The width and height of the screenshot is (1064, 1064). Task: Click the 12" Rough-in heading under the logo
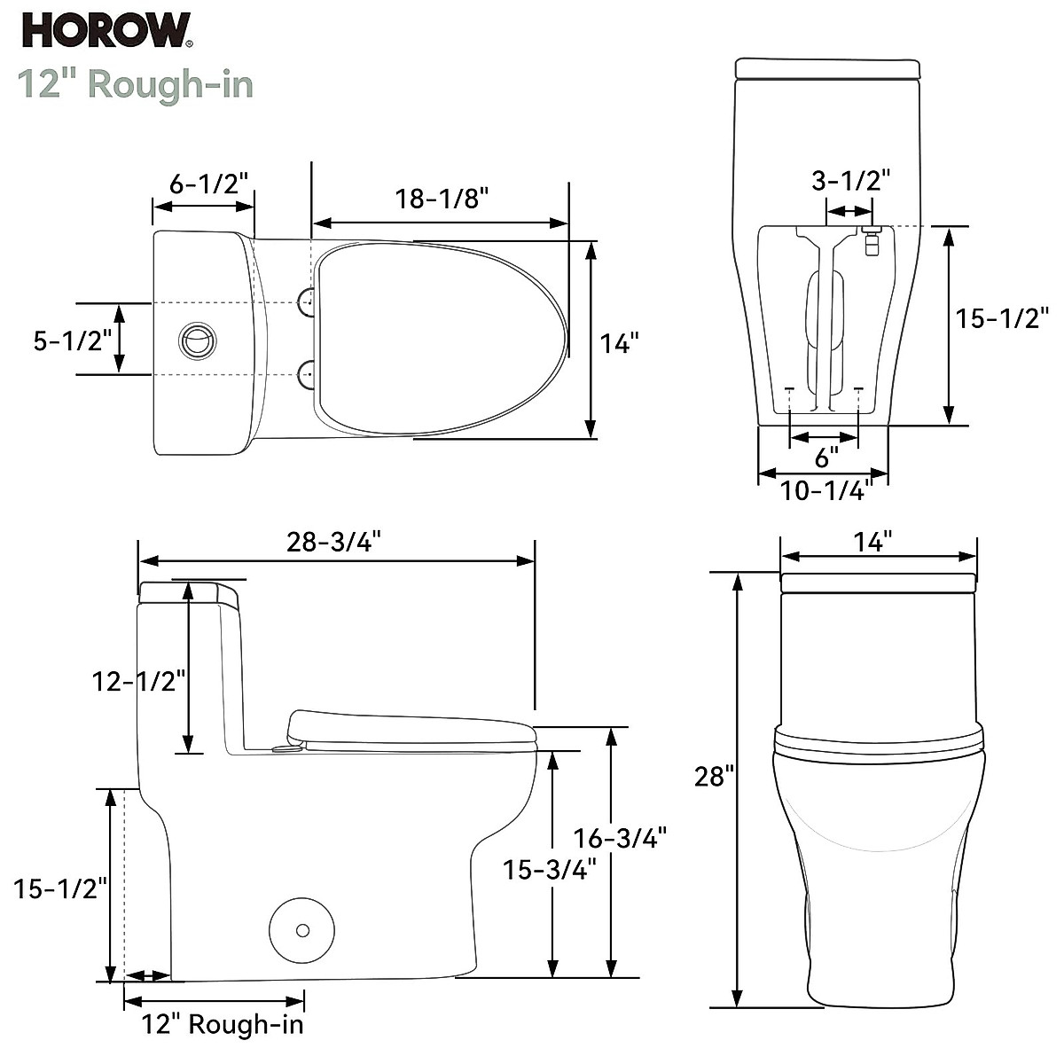136,84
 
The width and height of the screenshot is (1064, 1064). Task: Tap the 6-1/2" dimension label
209,184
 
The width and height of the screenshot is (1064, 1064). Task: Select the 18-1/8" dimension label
442,199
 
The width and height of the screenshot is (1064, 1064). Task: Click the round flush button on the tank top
197,340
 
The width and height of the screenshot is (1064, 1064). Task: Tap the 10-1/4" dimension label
822,489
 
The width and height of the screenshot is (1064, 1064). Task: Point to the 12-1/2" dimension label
139,681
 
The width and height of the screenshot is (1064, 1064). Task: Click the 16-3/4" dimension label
620,837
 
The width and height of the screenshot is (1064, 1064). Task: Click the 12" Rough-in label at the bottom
223,1024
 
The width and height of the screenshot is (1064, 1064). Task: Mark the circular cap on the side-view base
302,930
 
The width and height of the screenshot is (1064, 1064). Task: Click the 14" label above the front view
873,542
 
